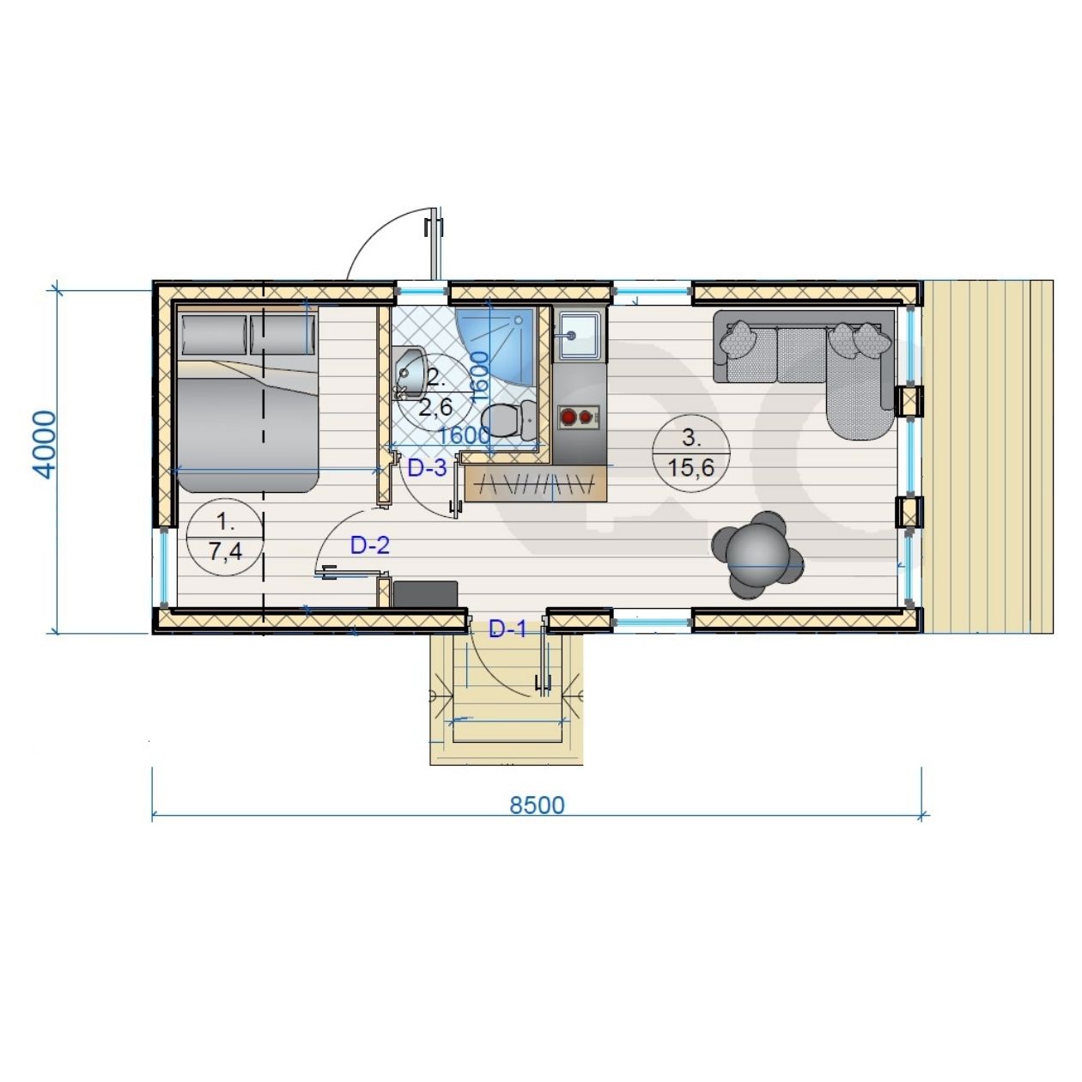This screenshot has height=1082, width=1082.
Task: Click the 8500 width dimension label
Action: pos(537,805)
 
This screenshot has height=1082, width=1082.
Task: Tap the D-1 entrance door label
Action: pos(508,629)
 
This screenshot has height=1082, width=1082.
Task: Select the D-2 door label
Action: pos(370,545)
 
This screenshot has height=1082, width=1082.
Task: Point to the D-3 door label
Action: pos(428,468)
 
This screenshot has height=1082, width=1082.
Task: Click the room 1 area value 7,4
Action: pos(225,552)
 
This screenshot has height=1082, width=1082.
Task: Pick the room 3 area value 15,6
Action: pos(690,467)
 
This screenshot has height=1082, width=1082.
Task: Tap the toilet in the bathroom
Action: pos(508,419)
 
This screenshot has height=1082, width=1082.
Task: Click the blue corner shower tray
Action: pos(493,343)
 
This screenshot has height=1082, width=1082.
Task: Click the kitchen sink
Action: pos(580,335)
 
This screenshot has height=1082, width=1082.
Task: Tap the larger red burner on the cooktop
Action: pos(569,417)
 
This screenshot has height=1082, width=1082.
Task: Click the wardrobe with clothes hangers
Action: pos(537,483)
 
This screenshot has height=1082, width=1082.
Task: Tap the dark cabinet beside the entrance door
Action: pos(426,594)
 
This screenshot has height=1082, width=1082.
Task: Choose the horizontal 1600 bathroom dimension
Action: pos(464,435)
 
